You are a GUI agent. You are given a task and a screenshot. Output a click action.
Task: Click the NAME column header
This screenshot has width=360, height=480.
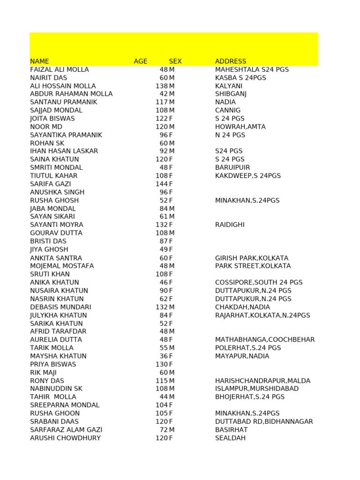[x=39, y=61]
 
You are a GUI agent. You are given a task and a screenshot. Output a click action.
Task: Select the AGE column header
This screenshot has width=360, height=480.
[x=140, y=61]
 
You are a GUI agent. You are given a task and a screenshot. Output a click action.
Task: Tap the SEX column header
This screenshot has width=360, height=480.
[x=175, y=61]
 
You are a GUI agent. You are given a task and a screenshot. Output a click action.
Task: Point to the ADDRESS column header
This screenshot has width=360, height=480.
[x=231, y=61]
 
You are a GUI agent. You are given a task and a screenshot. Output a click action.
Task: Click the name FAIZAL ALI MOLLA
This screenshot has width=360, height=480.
[x=59, y=69]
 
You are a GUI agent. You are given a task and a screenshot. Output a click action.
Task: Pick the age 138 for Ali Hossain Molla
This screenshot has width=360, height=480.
[x=162, y=86]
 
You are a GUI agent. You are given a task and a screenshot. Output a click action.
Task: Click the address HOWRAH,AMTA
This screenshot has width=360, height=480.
[x=240, y=127]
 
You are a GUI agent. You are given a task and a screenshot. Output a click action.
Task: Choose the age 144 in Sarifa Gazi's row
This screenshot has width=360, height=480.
[x=162, y=184]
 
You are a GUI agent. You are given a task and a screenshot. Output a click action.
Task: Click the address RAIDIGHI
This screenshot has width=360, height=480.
[x=230, y=225]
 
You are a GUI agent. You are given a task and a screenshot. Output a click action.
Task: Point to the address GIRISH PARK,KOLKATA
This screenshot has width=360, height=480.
[x=252, y=258]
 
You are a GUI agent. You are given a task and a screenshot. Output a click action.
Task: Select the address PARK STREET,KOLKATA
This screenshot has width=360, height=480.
[x=253, y=266]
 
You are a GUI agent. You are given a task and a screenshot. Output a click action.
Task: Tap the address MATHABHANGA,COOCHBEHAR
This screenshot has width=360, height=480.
[x=265, y=339]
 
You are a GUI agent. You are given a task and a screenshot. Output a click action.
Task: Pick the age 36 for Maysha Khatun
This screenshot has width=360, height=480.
[x=164, y=356]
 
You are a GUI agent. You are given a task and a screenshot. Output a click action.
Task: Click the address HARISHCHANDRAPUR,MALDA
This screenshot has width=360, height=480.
[x=262, y=381]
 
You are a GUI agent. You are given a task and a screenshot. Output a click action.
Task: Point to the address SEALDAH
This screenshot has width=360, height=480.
[x=230, y=438]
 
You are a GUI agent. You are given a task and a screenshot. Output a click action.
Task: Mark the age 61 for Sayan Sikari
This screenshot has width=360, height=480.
[x=164, y=217]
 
